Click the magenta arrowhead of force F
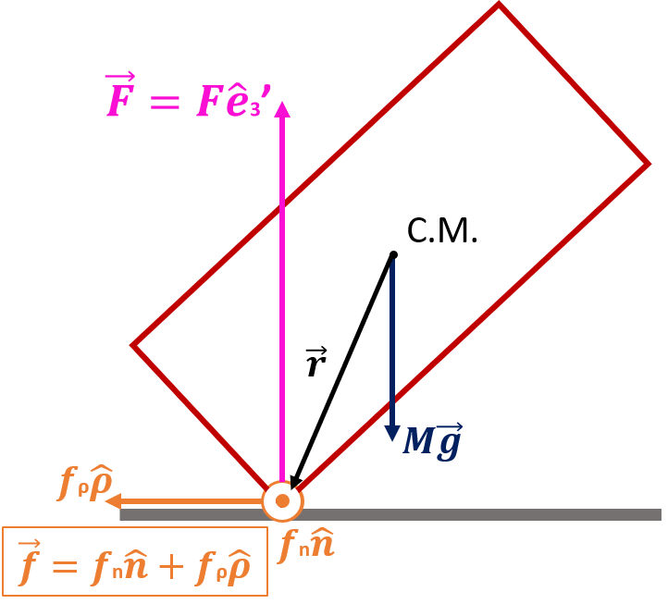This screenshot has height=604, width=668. pos(282,109)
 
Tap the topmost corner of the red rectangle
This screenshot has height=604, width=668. pos(499,6)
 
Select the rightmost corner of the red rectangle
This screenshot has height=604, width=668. pos(649,164)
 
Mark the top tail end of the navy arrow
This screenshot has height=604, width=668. pos(392,262)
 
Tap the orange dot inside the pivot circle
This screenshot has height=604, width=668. pos(282,500)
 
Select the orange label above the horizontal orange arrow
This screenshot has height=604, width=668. pos(85,482)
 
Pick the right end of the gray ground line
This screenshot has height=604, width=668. pos(660,514)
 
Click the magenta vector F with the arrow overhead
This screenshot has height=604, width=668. pos(121,97)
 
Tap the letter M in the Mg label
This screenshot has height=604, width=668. pos(419,443)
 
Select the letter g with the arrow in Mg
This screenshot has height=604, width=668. pos(448,442)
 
